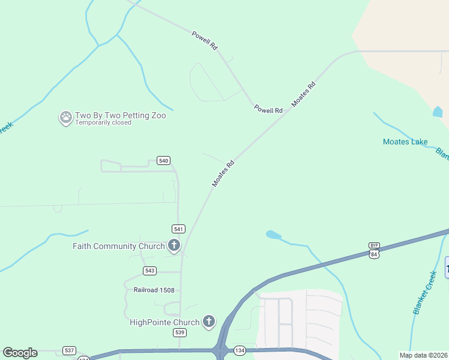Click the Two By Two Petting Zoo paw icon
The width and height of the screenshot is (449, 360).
tap(65, 117)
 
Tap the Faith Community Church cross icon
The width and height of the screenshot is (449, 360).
tap(173, 245)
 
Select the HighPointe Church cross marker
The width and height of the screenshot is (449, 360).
tap(209, 322)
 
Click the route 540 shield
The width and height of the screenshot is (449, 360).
tap(163, 160)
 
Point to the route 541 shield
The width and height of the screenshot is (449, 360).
tap(178, 229)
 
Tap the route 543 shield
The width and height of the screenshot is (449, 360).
tap(149, 271)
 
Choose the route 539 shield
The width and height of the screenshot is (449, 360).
tap(179, 332)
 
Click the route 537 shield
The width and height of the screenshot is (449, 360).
tap(70, 350)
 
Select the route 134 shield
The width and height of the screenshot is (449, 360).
tap(240, 350)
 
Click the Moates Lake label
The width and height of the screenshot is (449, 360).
tap(405, 142)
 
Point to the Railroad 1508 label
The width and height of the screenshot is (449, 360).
tap(154, 290)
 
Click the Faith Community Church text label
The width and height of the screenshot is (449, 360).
tap(118, 246)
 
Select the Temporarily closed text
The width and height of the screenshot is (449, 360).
tap(103, 122)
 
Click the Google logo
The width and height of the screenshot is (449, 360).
tap(20, 353)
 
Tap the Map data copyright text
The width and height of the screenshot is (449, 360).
tap(424, 355)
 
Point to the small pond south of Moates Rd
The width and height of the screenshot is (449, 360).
tap(273, 235)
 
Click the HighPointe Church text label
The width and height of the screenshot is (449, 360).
tap(164, 322)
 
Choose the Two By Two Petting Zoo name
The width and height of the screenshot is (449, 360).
tap(120, 115)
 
